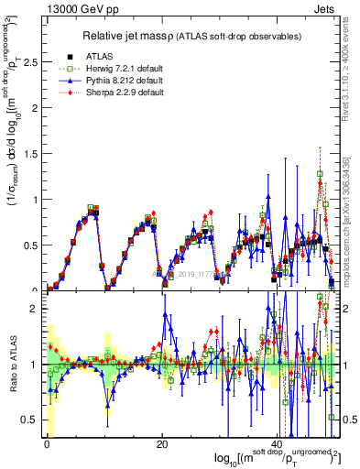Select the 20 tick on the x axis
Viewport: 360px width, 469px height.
(162, 444)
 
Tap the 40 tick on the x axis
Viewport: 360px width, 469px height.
(278, 444)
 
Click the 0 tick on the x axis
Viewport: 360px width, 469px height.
(47, 444)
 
